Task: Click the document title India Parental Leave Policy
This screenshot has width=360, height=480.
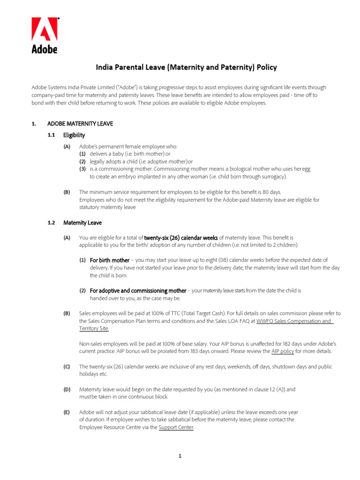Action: click(186, 67)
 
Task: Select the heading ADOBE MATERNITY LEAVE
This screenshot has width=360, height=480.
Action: click(80, 124)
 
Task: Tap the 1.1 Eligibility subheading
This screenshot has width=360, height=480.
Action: click(74, 135)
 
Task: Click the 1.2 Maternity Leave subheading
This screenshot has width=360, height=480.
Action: click(82, 223)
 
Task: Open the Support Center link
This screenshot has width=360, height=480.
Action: click(176, 427)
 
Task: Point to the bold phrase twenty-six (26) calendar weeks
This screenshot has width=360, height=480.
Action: click(180, 238)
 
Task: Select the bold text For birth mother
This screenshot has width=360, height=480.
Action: click(109, 260)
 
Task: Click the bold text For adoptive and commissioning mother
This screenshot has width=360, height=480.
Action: click(138, 291)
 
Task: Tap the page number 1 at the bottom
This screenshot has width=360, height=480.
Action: click(180, 456)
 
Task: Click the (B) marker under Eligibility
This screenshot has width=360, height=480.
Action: click(67, 192)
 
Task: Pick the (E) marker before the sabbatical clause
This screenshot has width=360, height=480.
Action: click(67, 412)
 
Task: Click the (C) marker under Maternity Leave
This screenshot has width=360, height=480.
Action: click(67, 367)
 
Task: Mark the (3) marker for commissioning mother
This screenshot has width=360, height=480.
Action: click(82, 169)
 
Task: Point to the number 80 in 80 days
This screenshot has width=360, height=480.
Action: click(266, 192)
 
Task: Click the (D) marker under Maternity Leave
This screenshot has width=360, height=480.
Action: click(67, 389)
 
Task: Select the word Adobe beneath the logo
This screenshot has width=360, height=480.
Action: click(45, 48)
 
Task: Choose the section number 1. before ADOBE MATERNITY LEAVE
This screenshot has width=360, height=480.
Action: click(34, 124)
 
